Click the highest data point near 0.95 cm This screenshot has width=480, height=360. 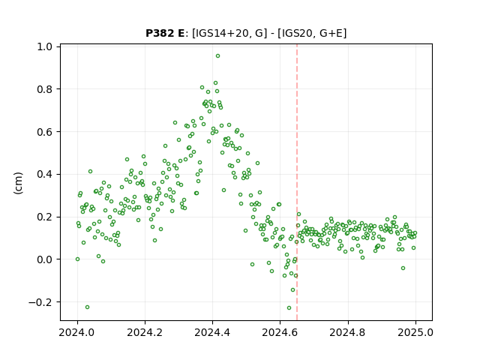click(x=217, y=56)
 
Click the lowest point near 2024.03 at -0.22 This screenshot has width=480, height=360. click(x=87, y=307)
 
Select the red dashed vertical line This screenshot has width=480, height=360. click(x=297, y=182)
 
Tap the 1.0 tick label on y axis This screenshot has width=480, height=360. click(x=45, y=46)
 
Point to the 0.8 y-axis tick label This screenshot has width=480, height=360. click(x=45, y=89)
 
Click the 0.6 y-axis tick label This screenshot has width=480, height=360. click(x=45, y=132)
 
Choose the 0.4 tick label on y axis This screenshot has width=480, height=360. click(x=45, y=174)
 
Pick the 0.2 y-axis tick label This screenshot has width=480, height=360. click(x=45, y=217)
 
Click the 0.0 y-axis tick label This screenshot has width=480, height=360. click(x=45, y=259)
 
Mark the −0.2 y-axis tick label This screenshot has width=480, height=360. click(x=40, y=302)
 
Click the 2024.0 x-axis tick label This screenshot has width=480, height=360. click(x=77, y=332)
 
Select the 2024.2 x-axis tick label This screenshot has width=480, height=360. click(x=145, y=332)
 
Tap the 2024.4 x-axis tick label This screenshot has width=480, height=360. click(x=212, y=332)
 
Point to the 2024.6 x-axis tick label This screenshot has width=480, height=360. click(x=280, y=332)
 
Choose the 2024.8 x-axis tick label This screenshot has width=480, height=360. click(x=348, y=332)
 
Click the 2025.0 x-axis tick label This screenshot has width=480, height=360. click(x=415, y=332)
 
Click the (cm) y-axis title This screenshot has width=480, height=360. click(x=18, y=183)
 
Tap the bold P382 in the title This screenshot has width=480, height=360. click(x=159, y=33)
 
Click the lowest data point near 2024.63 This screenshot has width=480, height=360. click(x=289, y=308)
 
